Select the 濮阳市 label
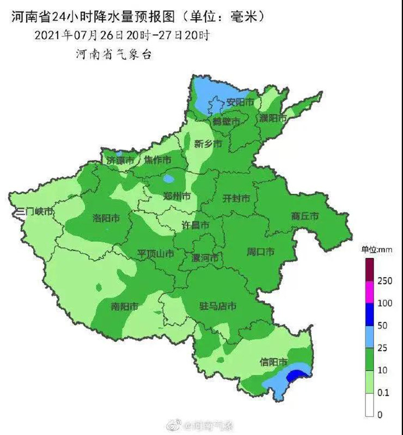pyautogui.click(x=273, y=118)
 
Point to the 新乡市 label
pyautogui.click(x=208, y=144)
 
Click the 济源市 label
pyautogui.click(x=120, y=161)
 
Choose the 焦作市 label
pyautogui.click(x=157, y=160)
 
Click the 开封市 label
pyautogui.click(x=236, y=199)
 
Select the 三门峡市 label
pyautogui.click(x=34, y=211)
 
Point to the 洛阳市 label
pyautogui.click(x=106, y=218)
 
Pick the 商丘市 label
pyautogui.click(x=304, y=216)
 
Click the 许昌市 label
pyautogui.click(x=195, y=225)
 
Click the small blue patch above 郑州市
pyautogui.click(x=169, y=178)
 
